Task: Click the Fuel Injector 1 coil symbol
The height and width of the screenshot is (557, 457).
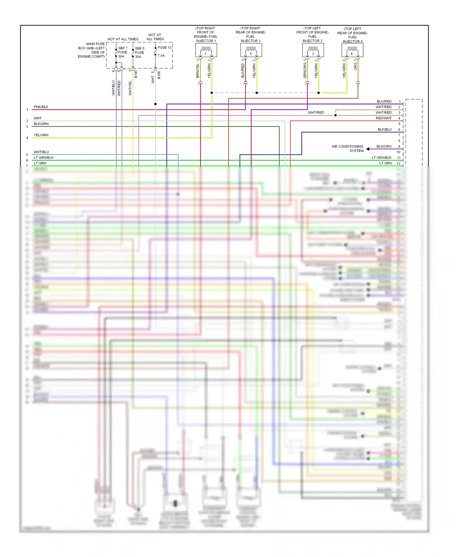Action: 206,49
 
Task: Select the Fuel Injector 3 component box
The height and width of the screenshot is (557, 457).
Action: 251,50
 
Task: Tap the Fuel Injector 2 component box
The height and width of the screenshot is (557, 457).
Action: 313,50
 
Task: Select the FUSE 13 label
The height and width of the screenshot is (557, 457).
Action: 165,48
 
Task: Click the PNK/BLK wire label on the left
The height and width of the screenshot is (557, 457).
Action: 41,107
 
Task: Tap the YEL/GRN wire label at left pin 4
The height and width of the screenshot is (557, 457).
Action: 41,135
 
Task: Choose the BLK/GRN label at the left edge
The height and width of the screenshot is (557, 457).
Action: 41,124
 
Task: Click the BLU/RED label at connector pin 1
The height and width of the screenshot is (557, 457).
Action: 384,101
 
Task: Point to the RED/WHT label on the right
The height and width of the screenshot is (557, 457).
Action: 384,118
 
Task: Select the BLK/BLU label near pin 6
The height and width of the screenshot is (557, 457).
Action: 384,129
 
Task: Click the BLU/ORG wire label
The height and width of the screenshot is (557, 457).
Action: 384,146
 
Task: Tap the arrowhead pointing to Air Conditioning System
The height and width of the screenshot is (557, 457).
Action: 368,149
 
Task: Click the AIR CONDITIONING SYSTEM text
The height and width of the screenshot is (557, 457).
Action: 348,148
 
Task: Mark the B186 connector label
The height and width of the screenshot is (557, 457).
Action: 159,75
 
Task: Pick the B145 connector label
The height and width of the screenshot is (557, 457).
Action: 136,74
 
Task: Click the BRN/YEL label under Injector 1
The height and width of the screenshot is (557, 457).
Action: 197,71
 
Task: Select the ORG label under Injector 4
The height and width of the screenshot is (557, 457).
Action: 355,66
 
